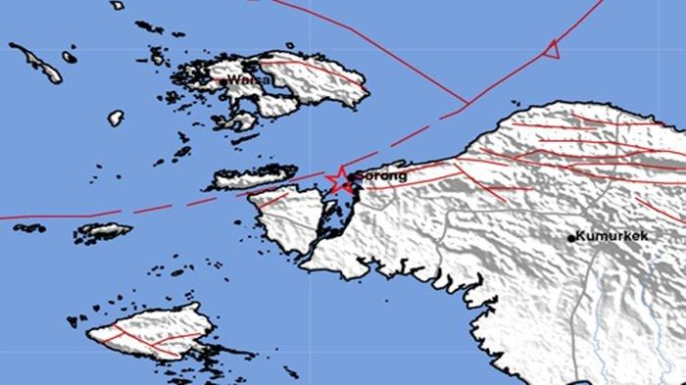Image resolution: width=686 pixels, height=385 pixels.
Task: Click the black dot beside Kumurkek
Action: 570,237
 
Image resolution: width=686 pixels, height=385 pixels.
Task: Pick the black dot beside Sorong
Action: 350,177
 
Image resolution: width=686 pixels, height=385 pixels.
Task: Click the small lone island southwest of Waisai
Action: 116,118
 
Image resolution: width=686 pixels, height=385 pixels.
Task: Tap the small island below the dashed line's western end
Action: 103,232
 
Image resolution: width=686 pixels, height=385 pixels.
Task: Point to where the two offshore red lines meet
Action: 464,102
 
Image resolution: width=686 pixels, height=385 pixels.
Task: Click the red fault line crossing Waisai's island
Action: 314,73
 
